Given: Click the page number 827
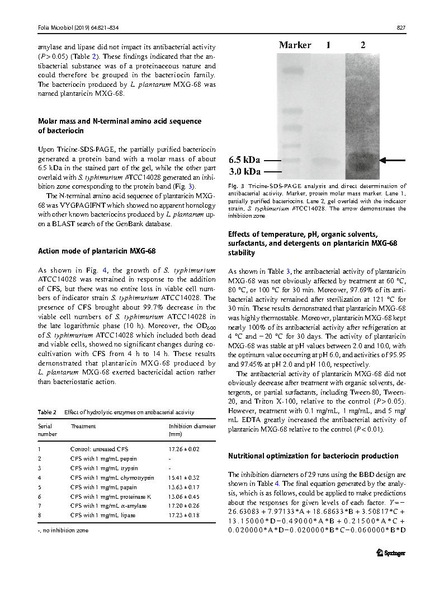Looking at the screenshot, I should pos(400,28).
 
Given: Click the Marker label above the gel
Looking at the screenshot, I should pos(295,45).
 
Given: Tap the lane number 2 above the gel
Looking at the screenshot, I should pos(363,45).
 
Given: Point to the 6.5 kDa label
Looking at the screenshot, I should pos(244,160).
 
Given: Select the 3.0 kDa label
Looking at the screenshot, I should pos(244,171).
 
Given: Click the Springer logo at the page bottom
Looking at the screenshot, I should pos(390,553).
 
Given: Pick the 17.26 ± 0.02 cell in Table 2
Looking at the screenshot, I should pos(184,449).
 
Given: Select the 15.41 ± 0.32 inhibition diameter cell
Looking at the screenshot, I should pos(184,477).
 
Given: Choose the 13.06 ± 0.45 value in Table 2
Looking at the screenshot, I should pos(184,496).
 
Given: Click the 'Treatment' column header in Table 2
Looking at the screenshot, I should pos(83,426).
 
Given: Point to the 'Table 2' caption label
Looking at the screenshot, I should pos(47,412).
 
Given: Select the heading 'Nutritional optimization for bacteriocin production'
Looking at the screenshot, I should pos(313,456).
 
